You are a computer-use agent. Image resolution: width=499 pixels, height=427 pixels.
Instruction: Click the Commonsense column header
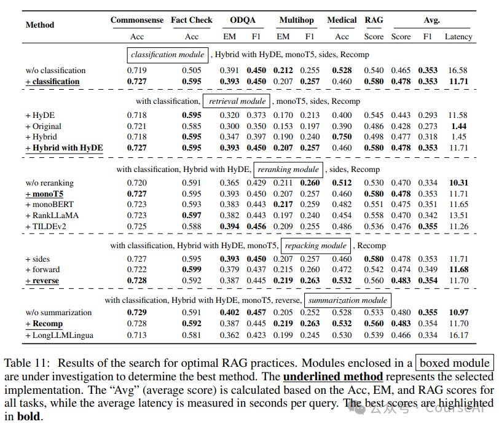137,20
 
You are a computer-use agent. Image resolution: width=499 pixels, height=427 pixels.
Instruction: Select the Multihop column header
296,20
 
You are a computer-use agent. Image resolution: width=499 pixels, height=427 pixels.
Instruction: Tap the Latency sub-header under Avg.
458,36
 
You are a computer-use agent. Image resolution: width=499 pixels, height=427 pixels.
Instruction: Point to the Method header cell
40,25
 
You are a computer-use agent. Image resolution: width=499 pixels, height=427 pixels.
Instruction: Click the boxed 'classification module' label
167,55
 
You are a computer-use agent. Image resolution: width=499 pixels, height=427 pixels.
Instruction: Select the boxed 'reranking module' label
288,170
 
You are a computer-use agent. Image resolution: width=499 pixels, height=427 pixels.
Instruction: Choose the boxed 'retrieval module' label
237,101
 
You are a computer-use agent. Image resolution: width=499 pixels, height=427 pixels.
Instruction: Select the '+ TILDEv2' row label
47,227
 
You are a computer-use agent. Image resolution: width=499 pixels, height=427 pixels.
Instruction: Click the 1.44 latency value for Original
458,126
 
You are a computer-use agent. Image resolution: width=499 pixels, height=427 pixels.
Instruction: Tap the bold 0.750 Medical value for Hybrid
342,137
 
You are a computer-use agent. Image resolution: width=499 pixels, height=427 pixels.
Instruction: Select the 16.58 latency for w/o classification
458,71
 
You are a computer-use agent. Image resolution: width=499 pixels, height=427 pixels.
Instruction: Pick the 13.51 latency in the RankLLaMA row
458,216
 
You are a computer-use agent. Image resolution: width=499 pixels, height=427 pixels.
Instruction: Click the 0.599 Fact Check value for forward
192,270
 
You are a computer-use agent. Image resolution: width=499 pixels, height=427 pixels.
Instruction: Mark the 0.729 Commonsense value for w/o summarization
137,313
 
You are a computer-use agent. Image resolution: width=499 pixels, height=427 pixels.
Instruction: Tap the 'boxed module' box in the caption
454,363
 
